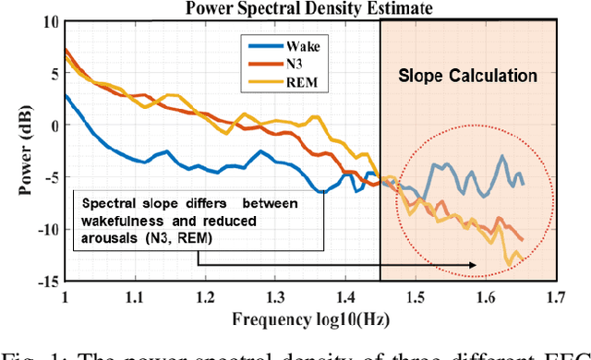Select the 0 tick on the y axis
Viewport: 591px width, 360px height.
[52, 126]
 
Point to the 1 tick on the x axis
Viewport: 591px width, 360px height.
[65, 297]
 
